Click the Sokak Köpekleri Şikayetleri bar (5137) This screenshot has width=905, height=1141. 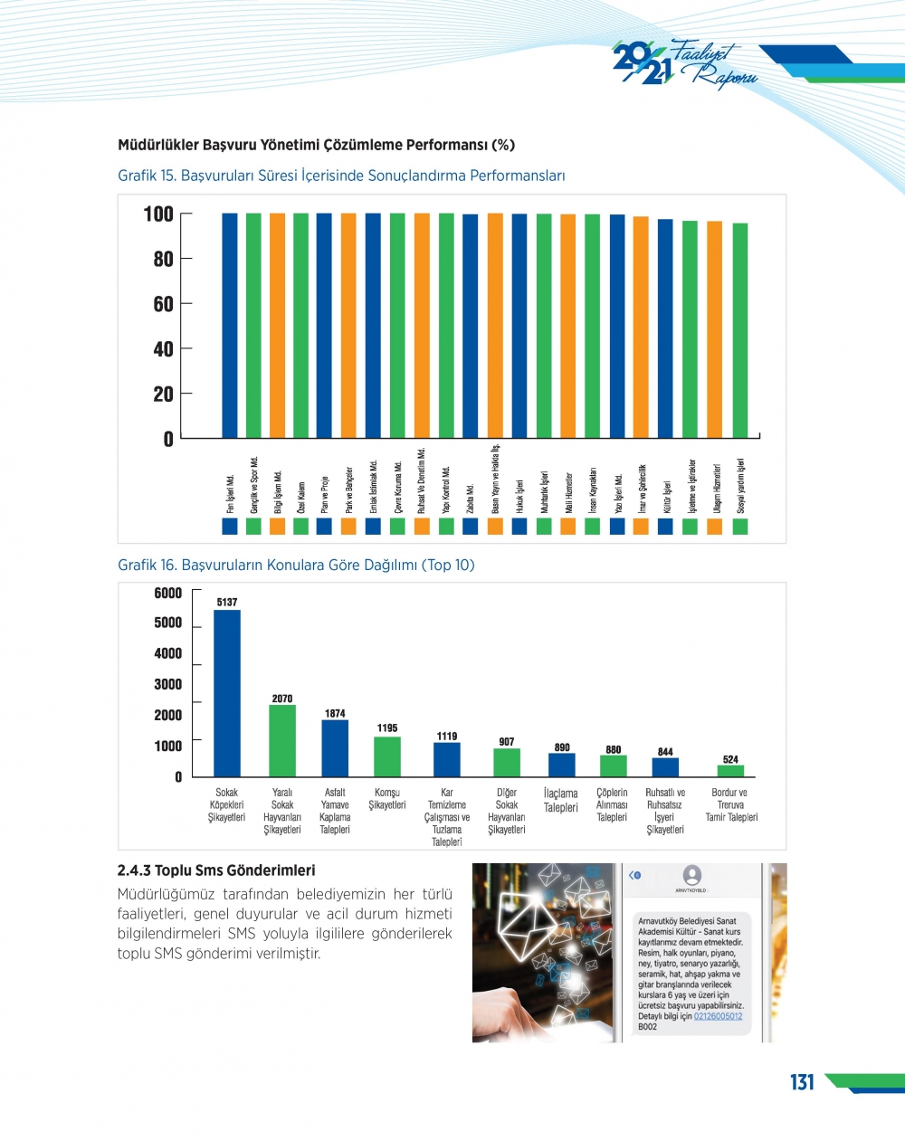click(x=227, y=693)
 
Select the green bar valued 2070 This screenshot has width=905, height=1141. click(x=282, y=740)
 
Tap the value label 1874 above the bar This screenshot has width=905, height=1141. click(x=335, y=713)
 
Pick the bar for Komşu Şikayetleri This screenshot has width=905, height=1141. click(x=387, y=756)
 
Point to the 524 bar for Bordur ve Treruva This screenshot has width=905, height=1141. click(x=730, y=771)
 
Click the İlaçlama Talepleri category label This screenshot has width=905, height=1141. click(x=560, y=800)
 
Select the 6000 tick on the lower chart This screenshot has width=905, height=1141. click(x=168, y=593)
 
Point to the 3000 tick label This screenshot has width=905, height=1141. click(x=168, y=684)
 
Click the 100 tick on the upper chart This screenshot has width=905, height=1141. click(x=158, y=214)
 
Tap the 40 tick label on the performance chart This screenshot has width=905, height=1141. click(x=163, y=349)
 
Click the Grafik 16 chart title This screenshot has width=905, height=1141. click(x=296, y=565)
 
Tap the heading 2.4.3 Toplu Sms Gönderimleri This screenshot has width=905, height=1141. click(x=216, y=870)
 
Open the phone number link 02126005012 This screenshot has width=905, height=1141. click(x=718, y=1016)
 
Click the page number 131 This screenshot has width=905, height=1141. click(x=802, y=1082)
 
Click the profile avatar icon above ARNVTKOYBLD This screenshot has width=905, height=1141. click(x=692, y=874)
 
